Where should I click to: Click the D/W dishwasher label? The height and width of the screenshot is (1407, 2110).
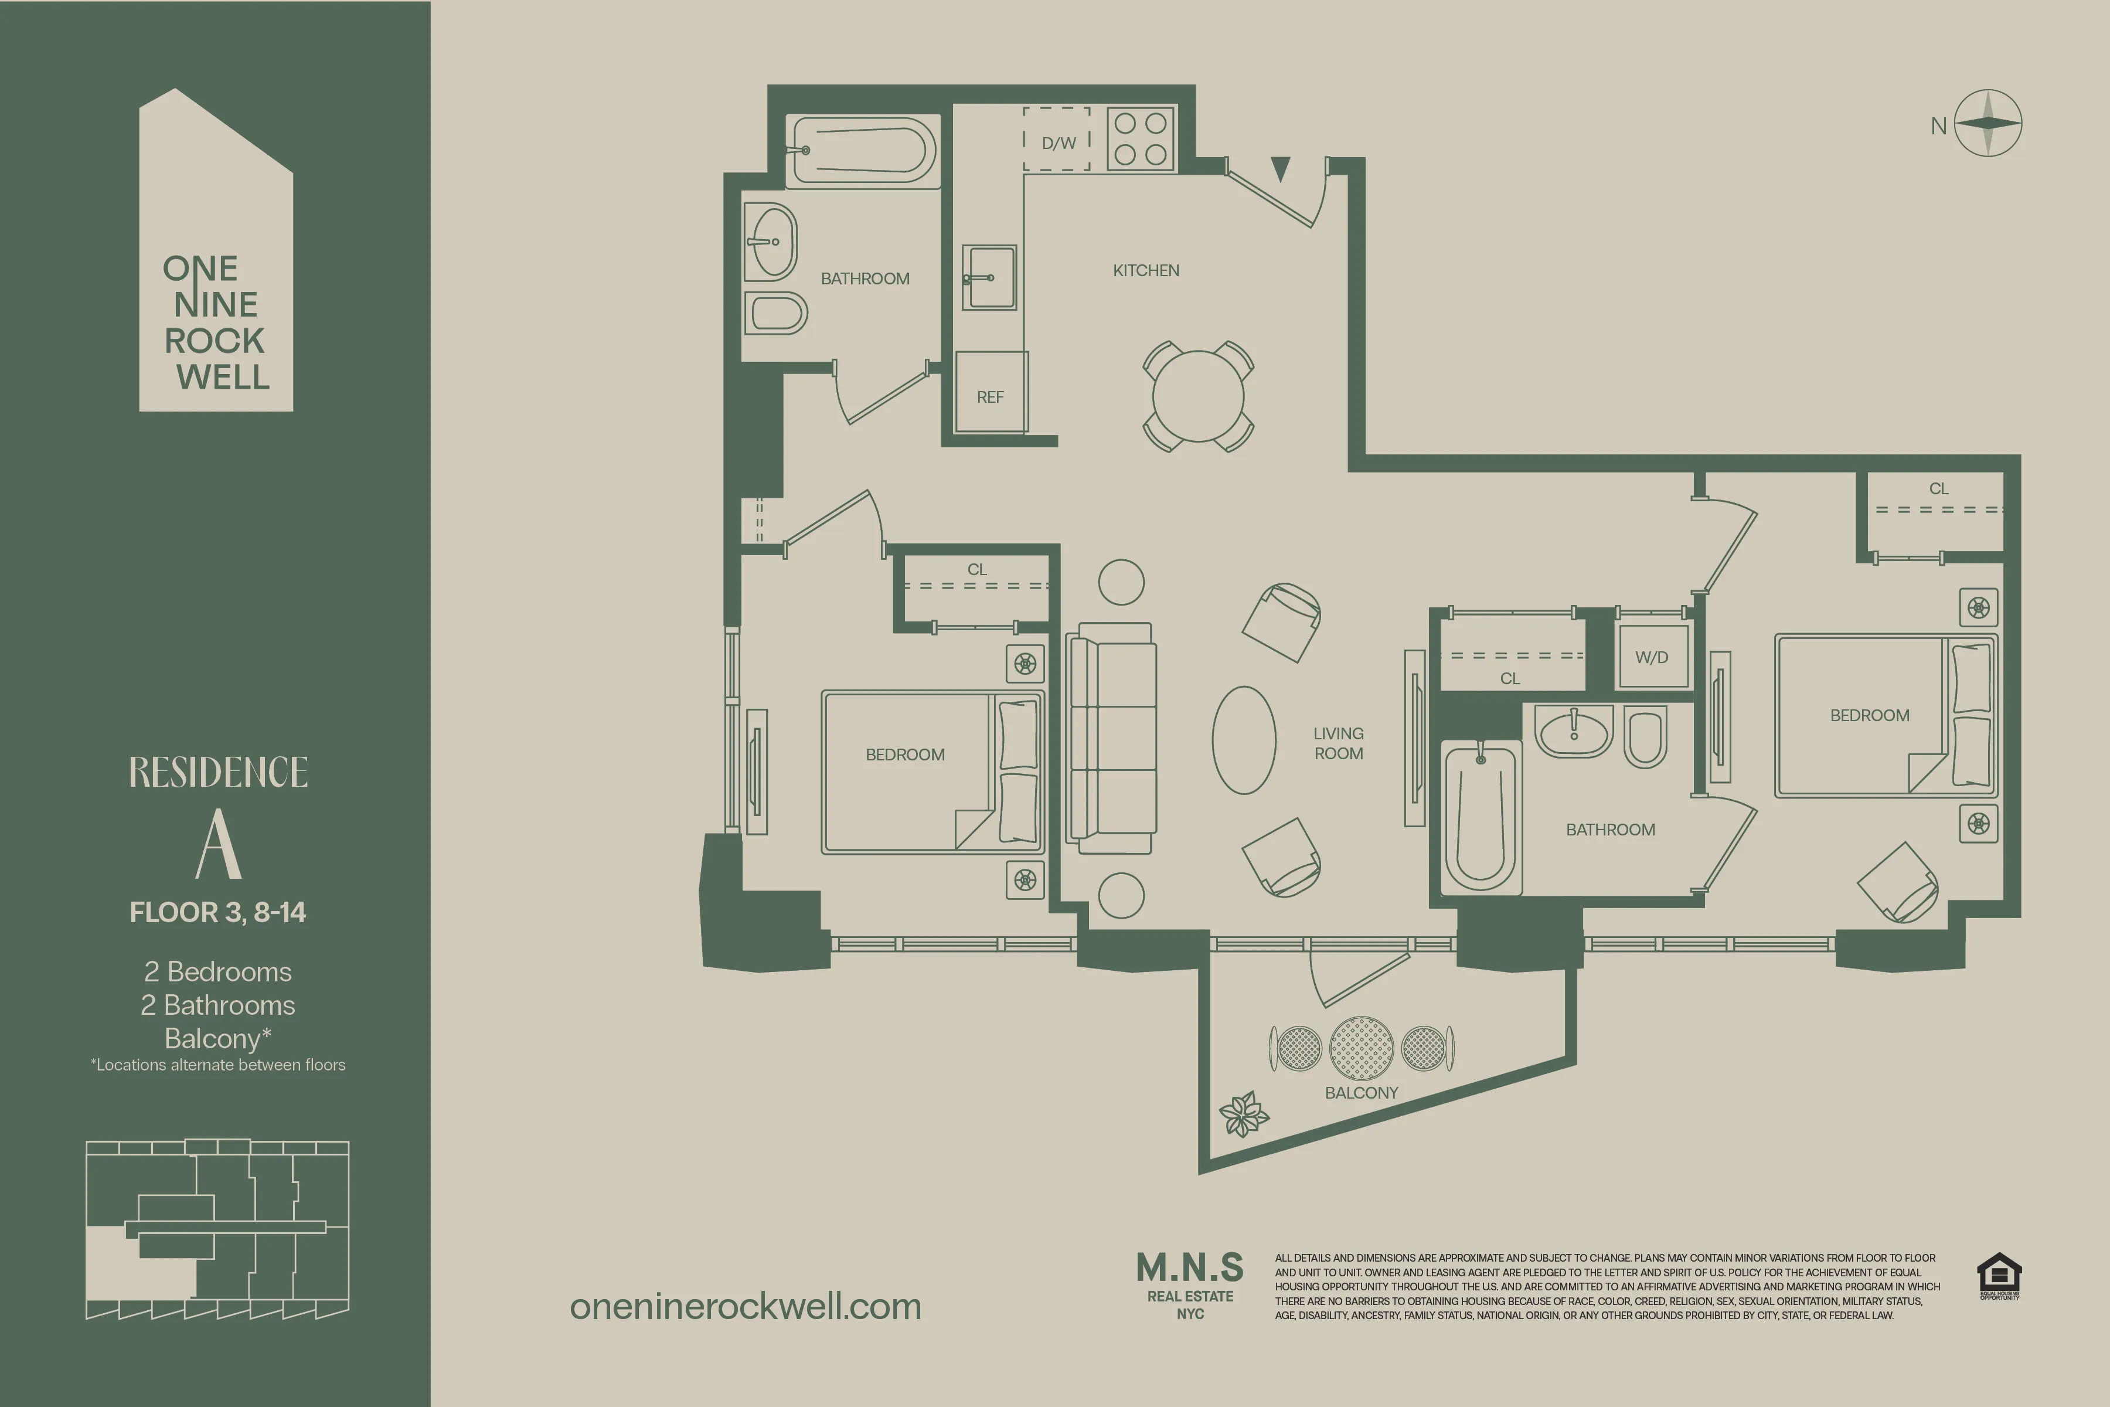[1059, 142]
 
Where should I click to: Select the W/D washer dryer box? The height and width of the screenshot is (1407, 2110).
[1652, 657]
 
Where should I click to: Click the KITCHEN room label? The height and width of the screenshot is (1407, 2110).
[1146, 270]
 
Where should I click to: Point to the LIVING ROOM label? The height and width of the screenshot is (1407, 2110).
[1339, 743]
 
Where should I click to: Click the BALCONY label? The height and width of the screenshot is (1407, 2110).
[1361, 1092]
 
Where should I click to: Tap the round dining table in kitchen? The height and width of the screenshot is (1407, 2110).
[1197, 396]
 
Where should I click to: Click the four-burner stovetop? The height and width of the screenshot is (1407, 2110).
[1140, 138]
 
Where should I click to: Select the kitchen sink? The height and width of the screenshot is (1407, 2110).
[989, 277]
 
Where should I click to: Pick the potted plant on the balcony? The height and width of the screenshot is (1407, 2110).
[1243, 1113]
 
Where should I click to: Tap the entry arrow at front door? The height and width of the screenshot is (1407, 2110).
[1280, 168]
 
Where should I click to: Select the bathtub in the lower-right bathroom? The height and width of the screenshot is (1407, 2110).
[1481, 817]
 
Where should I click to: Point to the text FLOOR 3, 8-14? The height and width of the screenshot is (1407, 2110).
[218, 912]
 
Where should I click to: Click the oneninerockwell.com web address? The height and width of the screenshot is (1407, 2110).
[746, 1307]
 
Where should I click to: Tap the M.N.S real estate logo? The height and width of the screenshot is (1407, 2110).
[1190, 1283]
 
